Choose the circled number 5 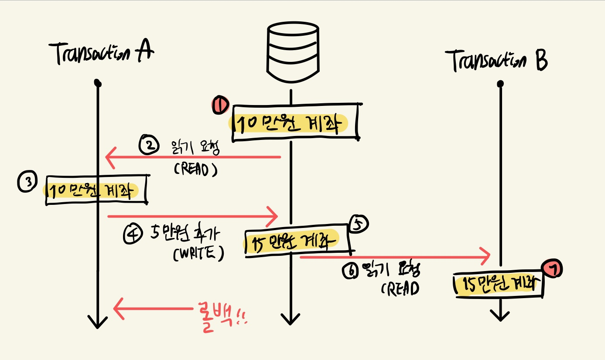358,224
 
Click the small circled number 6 350,271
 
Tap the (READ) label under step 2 195,170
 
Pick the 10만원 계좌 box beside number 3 96,190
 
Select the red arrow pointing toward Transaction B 395,258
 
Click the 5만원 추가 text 186,234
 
